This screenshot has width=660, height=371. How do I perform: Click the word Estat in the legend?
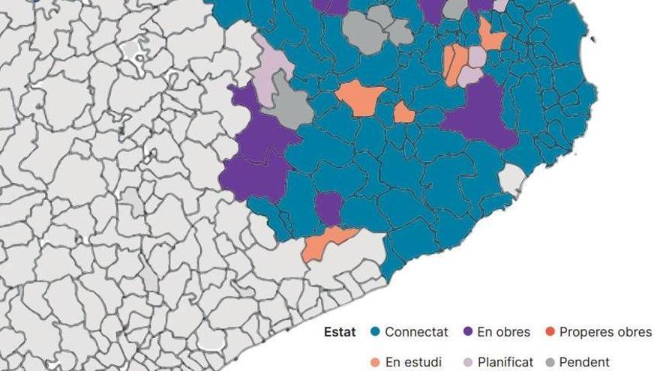(340, 332)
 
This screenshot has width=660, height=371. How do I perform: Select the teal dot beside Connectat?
(376, 332)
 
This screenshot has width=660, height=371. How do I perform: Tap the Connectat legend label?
(416, 332)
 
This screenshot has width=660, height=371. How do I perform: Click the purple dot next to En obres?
(468, 332)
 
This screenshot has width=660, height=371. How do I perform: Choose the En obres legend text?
(503, 332)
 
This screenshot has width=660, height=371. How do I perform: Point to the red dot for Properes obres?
(550, 332)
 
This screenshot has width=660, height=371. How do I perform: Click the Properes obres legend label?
(605, 332)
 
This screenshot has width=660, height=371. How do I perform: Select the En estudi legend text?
(413, 363)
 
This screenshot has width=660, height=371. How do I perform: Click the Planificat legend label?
(505, 363)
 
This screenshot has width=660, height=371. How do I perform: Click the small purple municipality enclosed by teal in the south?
(328, 208)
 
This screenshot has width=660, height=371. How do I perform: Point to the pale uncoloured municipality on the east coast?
(511, 179)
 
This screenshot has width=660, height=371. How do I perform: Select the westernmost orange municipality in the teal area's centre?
(361, 98)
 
